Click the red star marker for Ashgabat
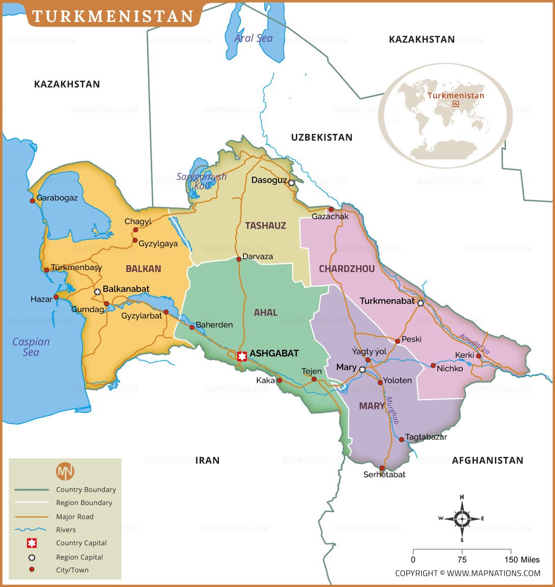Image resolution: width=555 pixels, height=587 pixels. (242, 356)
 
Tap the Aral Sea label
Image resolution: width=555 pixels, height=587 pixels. (253, 38)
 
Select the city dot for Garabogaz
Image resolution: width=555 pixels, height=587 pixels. (33, 201)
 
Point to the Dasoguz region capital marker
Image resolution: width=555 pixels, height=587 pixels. (291, 183)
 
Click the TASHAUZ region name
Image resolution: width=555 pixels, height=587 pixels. (265, 226)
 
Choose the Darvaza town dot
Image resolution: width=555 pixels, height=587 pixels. (238, 259)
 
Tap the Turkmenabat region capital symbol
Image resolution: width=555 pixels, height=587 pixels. (421, 303)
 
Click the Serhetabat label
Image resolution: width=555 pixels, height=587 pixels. (384, 475)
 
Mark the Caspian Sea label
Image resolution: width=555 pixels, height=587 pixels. (31, 347)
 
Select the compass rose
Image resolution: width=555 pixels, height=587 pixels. (462, 519)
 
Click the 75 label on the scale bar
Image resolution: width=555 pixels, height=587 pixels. (462, 560)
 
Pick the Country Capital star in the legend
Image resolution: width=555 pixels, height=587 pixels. (32, 543)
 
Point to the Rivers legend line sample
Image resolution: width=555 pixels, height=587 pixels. (32, 530)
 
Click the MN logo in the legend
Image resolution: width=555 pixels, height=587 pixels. (65, 471)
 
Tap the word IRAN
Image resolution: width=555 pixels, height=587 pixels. (207, 460)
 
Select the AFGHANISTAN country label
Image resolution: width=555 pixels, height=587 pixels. (487, 460)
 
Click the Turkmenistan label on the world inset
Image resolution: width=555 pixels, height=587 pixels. (456, 95)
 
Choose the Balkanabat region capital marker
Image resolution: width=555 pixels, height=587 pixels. (97, 292)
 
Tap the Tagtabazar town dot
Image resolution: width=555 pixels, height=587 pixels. (401, 439)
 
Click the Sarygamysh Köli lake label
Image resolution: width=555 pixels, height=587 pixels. (201, 181)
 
